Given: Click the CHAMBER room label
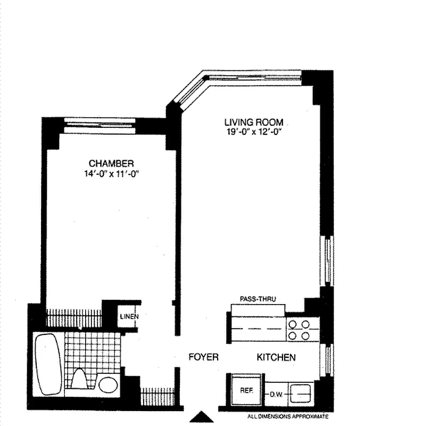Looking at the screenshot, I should (111, 163).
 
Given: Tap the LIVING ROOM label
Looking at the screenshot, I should (254, 122).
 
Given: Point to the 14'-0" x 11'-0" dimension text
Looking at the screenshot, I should (111, 174).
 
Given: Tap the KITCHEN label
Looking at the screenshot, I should (276, 357).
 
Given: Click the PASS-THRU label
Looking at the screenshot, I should (258, 299).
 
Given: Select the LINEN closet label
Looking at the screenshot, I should (129, 317).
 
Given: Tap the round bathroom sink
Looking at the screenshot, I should (109, 384).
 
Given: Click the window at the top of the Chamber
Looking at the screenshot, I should (99, 126).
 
